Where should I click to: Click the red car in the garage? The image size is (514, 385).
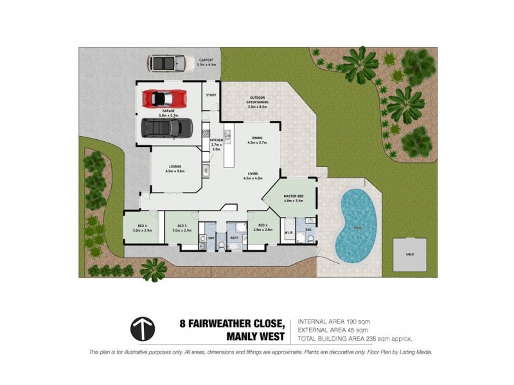pyautogui.click(x=165, y=99)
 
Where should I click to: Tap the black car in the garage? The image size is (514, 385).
pyautogui.click(x=166, y=128)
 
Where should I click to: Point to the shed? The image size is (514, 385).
pyautogui.click(x=409, y=254)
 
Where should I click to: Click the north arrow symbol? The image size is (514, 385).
pyautogui.click(x=142, y=329)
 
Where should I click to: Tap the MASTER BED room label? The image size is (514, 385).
pyautogui.click(x=292, y=195)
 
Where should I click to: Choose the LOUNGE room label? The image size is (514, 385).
pyautogui.click(x=174, y=167)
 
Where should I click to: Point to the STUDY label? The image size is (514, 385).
pyautogui.click(x=211, y=95)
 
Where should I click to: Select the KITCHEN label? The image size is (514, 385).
pyautogui.click(x=216, y=140)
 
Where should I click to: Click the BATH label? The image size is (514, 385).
pyautogui.click(x=235, y=237)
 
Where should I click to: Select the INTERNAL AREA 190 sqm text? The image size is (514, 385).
pyautogui.click(x=333, y=321)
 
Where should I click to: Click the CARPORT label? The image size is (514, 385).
pyautogui.click(x=206, y=60)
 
